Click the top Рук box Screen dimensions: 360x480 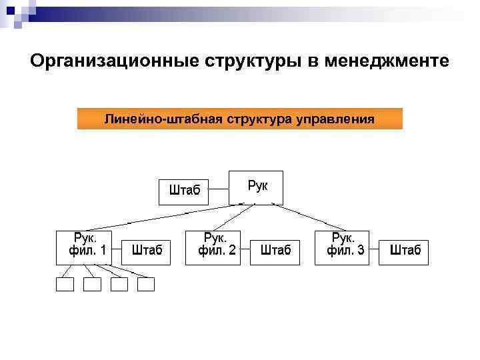(x=256, y=187)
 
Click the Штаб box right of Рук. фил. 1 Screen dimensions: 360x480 (x=147, y=251)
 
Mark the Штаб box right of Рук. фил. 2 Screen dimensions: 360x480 (x=275, y=251)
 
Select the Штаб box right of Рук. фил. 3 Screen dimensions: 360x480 (x=405, y=251)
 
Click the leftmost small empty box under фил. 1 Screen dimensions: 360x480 (x=65, y=285)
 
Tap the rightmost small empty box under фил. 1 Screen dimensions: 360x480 (x=145, y=285)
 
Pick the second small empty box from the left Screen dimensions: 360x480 (x=91, y=285)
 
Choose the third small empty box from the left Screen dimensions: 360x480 (x=119, y=285)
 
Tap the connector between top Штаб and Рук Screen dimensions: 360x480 (x=219, y=191)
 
